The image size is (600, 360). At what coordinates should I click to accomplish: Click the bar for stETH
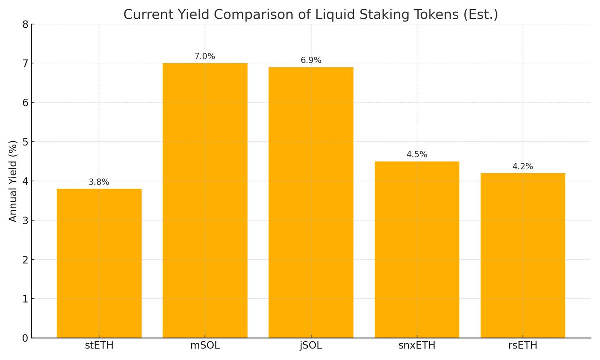coord(99,263)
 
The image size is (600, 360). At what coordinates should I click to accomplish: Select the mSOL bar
coord(205,200)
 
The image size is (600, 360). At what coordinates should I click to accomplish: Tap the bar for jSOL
coord(311,202)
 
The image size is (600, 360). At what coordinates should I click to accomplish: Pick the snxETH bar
coord(417,249)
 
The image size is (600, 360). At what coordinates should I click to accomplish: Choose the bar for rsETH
coord(523,255)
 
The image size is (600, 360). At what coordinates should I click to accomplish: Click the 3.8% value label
coord(99,182)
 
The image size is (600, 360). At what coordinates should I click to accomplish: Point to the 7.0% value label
coord(205,57)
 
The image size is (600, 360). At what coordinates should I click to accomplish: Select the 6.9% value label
coord(311,61)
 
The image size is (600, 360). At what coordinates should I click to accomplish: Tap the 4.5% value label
coord(417,155)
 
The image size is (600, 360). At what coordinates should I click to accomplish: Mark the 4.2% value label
coord(523,167)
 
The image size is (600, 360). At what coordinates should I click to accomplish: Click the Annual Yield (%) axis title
coord(13,181)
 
